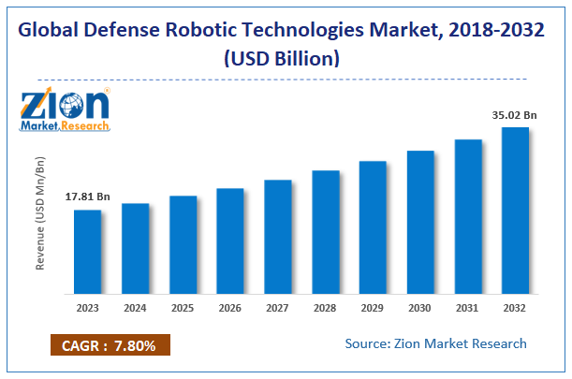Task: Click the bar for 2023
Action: click(88, 251)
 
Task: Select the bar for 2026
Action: click(230, 241)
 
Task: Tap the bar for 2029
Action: click(373, 226)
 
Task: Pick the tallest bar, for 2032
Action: click(515, 210)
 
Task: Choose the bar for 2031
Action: click(468, 216)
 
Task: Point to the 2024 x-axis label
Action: click(135, 308)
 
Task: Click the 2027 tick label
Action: click(277, 308)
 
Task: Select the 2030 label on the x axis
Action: click(420, 308)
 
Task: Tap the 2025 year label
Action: click(183, 308)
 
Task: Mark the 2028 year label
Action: click(325, 308)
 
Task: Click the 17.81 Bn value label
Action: click(87, 197)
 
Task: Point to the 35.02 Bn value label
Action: click(514, 116)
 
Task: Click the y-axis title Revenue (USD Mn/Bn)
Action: click(40, 213)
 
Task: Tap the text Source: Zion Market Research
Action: click(435, 343)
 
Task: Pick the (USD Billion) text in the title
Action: click(286, 58)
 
